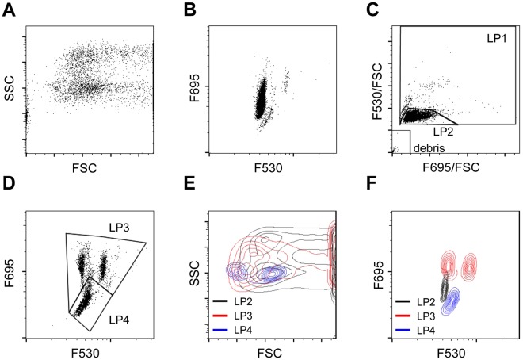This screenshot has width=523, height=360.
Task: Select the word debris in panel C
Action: click(429, 147)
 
